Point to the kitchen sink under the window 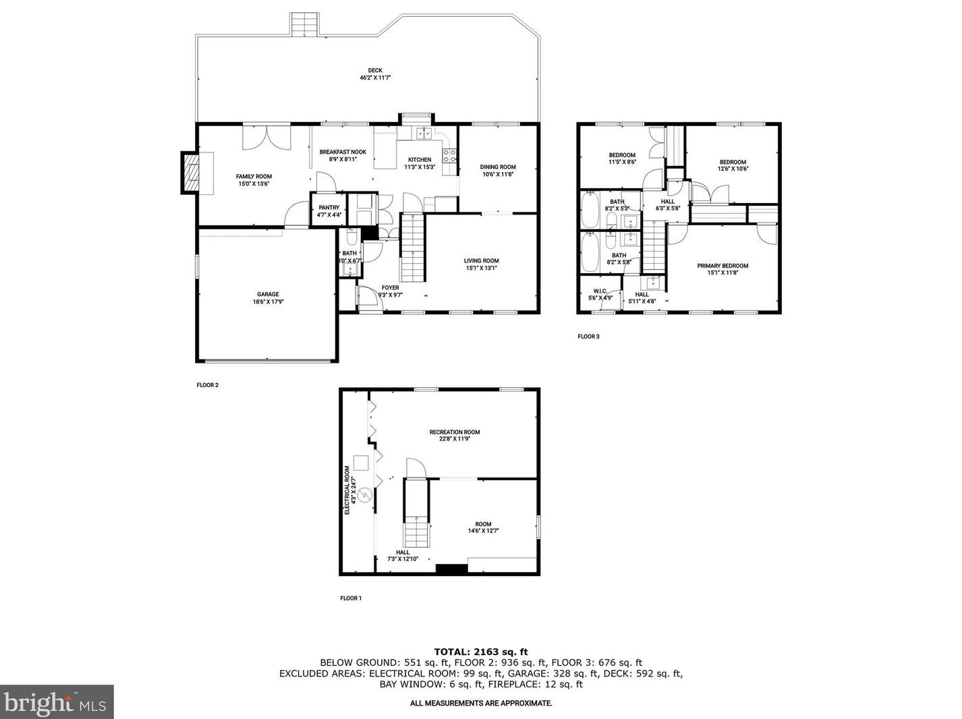pyautogui.click(x=424, y=134)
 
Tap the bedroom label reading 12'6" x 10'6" pyautogui.click(x=733, y=165)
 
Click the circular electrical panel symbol pyautogui.click(x=365, y=495)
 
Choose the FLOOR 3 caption pyautogui.click(x=588, y=337)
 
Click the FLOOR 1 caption pyautogui.click(x=351, y=598)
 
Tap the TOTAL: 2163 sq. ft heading pyautogui.click(x=480, y=652)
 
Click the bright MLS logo pyautogui.click(x=57, y=702)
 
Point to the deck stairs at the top pyautogui.click(x=304, y=25)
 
